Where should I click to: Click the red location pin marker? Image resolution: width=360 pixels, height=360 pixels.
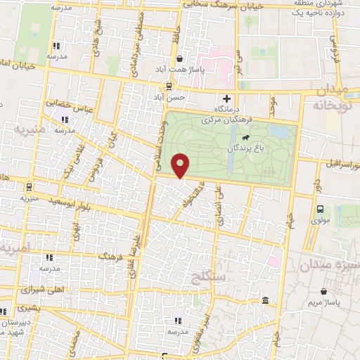(181, 165)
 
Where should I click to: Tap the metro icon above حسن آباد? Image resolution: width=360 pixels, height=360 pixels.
(169, 86)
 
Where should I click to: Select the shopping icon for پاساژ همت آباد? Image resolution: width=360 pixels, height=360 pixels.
(181, 59)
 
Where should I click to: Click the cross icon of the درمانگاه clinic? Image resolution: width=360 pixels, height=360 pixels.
(226, 98)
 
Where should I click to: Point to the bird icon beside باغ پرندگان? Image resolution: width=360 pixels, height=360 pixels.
(245, 148)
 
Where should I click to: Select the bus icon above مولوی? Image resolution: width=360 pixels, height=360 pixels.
(321, 209)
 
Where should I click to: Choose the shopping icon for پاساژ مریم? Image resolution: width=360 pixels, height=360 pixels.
(323, 291)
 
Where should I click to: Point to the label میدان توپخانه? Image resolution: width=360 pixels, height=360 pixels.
(332, 98)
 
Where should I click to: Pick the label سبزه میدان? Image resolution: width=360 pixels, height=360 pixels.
(328, 265)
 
